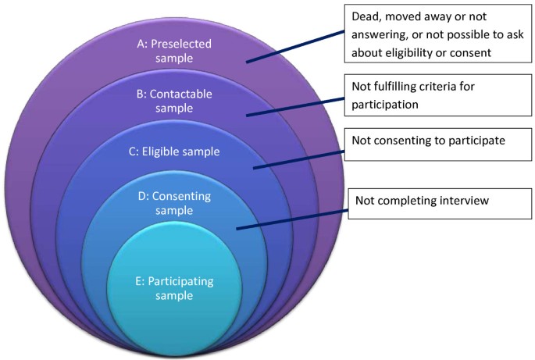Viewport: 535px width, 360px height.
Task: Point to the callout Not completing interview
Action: (423, 201)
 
